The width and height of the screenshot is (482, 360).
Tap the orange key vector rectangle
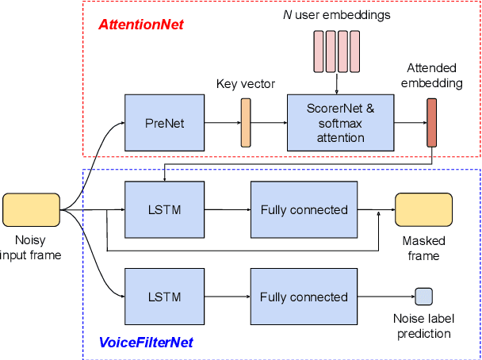click(x=246, y=123)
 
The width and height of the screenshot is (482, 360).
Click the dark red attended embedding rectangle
click(x=431, y=123)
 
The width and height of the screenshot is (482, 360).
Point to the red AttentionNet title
click(x=141, y=25)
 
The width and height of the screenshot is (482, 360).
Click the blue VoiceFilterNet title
click(x=147, y=343)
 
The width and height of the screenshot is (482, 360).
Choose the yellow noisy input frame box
click(x=31, y=210)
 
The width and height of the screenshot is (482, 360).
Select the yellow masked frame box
click(x=423, y=210)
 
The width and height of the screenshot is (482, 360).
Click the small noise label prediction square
click(x=424, y=297)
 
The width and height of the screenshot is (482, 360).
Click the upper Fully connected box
click(x=304, y=210)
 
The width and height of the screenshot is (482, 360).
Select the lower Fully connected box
click(x=304, y=297)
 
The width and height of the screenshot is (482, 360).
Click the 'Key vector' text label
click(x=246, y=83)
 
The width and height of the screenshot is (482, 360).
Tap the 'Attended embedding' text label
click(x=432, y=76)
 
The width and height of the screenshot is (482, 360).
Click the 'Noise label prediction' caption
click(x=424, y=326)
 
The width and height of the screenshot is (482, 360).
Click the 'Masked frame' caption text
click(x=423, y=248)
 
